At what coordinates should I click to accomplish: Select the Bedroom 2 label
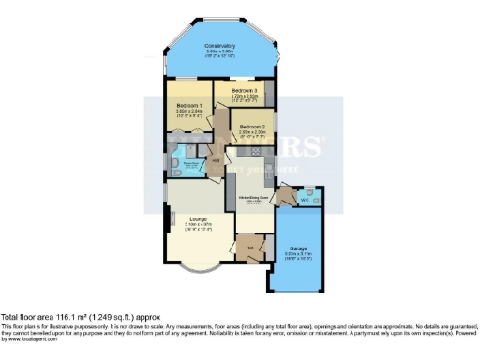pos(252,126)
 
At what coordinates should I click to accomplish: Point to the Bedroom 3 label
pos(246,90)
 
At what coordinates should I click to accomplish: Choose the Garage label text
pos(299,249)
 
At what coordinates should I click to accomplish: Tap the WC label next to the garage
pos(304,199)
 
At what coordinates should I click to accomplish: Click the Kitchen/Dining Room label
pos(253,197)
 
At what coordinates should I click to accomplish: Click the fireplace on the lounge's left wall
pos(171,221)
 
